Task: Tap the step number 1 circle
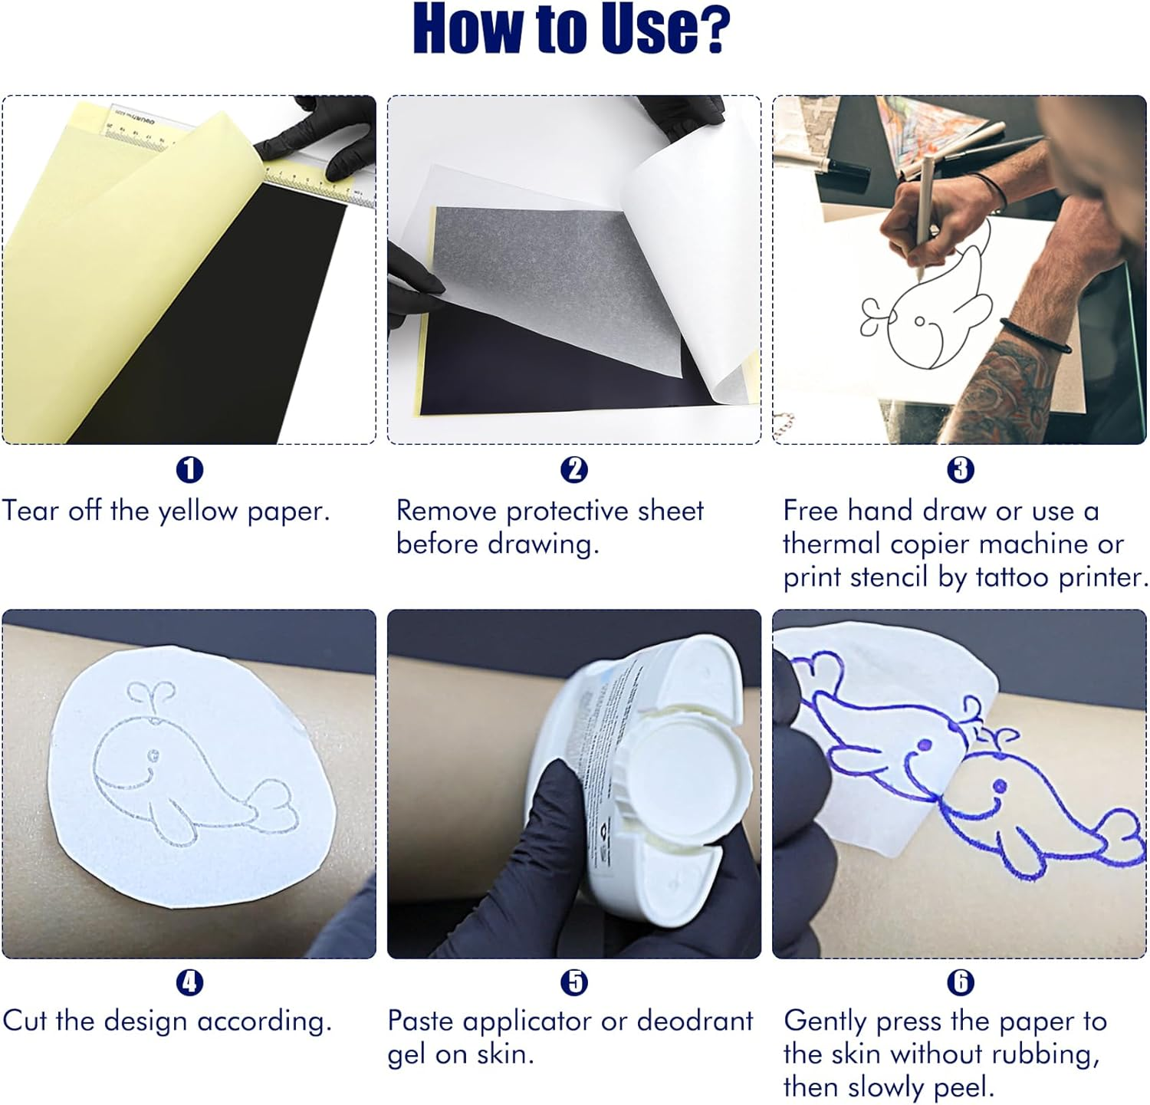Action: pos(189,469)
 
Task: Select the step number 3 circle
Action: pos(960,469)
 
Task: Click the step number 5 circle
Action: pos(573,982)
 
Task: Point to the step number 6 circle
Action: pos(960,982)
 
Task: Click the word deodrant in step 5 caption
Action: pos(695,1021)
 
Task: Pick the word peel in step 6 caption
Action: pos(966,1087)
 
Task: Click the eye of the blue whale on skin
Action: pos(999,786)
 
